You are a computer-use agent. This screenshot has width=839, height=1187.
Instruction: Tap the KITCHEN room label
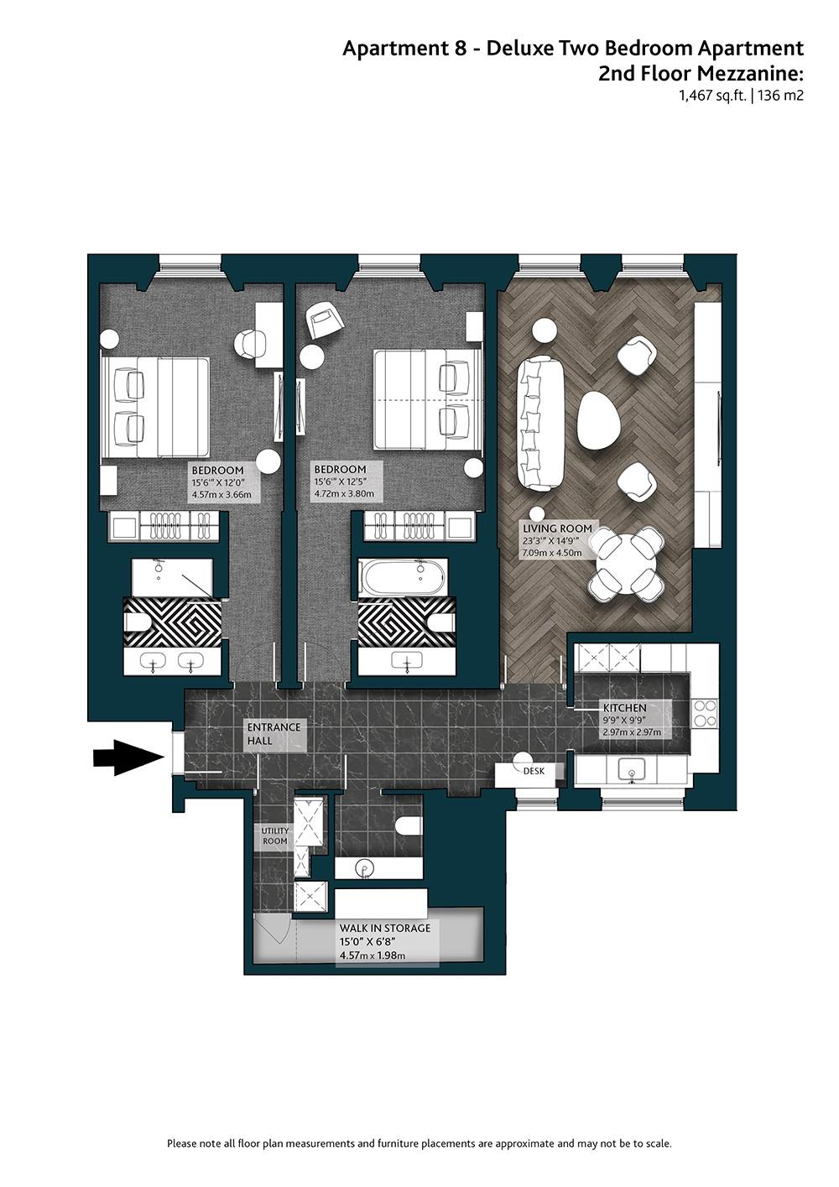tap(624, 708)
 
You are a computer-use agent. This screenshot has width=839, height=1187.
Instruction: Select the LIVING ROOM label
tap(557, 528)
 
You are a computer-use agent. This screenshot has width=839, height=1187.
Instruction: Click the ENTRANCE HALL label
tap(274, 734)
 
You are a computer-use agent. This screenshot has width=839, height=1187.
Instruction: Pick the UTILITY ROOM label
tap(275, 836)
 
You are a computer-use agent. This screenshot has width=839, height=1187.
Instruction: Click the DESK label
tap(534, 771)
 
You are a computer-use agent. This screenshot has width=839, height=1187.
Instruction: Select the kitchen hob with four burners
tap(705, 713)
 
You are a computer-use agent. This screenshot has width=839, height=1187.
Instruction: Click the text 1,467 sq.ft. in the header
tap(713, 96)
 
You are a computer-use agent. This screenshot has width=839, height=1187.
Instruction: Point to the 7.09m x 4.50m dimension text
tap(552, 553)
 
